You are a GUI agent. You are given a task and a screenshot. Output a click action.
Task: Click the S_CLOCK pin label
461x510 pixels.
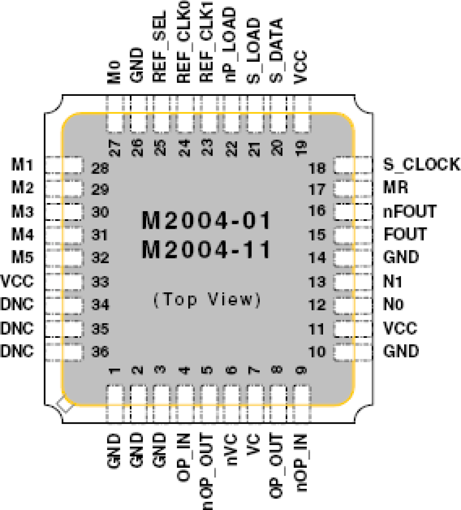[421, 164]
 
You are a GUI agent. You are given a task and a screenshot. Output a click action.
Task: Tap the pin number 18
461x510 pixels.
[317, 168]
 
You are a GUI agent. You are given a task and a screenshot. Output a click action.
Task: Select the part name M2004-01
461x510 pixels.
[206, 220]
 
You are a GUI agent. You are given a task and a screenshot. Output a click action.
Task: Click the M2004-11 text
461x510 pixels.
[206, 250]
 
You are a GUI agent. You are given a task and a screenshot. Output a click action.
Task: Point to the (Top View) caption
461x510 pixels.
[207, 300]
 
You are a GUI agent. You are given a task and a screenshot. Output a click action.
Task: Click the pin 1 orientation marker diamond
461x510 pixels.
[65, 405]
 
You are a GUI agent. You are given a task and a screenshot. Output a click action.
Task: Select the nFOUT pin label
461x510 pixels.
[410, 211]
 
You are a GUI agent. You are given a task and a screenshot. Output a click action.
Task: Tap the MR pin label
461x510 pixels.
[396, 187]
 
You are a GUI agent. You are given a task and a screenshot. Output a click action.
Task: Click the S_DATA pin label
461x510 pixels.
[276, 51]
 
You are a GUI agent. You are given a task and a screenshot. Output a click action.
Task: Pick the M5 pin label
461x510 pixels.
[22, 257]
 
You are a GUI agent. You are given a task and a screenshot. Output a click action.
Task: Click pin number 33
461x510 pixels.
[100, 282]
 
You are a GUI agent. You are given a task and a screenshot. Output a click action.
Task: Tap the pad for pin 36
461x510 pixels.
[64, 352]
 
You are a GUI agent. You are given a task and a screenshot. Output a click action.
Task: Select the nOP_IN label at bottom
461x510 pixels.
[301, 463]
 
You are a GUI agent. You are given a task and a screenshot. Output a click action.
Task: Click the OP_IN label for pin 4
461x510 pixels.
[184, 457]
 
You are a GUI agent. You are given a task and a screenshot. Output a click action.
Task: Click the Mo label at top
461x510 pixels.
[114, 72]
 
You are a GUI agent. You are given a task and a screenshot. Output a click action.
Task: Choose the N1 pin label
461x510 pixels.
[393, 282]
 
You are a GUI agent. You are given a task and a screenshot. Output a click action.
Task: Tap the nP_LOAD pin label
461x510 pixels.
[230, 45]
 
